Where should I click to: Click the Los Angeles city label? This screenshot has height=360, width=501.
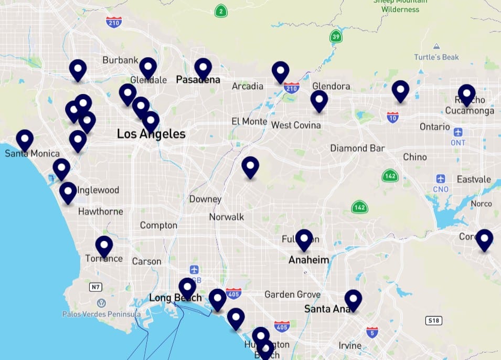click(x=151, y=134)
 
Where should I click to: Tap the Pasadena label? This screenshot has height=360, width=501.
click(x=198, y=80)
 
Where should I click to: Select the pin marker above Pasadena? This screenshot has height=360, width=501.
click(x=203, y=68)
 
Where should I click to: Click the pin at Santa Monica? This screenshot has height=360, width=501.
click(x=25, y=139)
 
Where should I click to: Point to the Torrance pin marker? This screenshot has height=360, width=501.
click(x=104, y=245)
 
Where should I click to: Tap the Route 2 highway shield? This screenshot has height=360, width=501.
click(x=222, y=11)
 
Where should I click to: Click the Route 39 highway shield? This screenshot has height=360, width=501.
click(x=336, y=37)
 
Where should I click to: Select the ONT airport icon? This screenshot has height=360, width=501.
click(x=458, y=132)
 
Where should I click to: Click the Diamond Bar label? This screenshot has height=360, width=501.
click(x=357, y=148)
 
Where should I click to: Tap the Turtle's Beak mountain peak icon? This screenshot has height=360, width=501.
click(x=436, y=47)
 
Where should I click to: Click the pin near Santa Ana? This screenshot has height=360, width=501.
click(x=353, y=299)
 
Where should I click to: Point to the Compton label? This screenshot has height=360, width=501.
click(x=158, y=225)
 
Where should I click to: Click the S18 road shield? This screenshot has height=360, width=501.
click(x=433, y=320)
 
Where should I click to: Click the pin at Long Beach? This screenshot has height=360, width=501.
click(x=187, y=287)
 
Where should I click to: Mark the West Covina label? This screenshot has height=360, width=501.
click(x=296, y=125)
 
